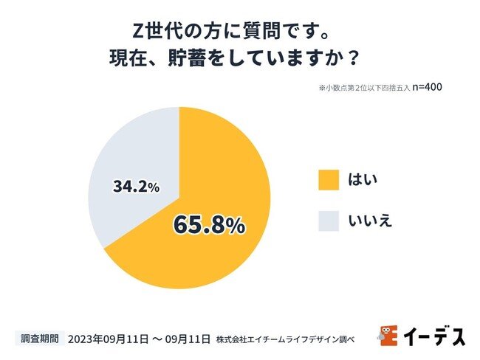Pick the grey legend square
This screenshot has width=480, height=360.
(x=329, y=221)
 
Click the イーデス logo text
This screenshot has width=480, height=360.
(x=436, y=337)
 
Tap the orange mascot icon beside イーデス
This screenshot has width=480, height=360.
(x=388, y=336)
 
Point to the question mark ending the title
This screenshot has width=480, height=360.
(x=354, y=58)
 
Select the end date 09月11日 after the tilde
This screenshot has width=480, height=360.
(x=188, y=339)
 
